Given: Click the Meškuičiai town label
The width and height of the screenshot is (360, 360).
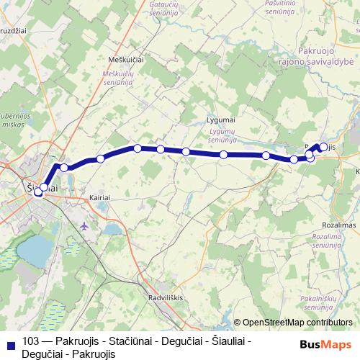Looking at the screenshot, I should click(x=125, y=60).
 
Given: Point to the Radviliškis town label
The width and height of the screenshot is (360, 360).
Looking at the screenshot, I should click(x=166, y=297).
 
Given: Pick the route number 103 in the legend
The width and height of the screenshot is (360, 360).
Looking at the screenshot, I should click(x=31, y=341).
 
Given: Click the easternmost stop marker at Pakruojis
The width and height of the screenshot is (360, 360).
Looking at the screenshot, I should click(x=323, y=148).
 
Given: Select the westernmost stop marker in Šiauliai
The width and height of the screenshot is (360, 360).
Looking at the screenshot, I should click(x=37, y=192).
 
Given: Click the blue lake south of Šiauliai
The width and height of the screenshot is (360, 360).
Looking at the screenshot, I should click(x=34, y=250).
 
